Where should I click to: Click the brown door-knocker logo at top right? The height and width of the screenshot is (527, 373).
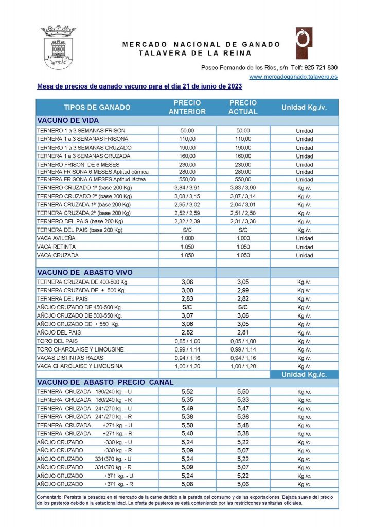click(x=304, y=44)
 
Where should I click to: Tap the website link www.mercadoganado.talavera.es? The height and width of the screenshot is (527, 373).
click(x=293, y=77)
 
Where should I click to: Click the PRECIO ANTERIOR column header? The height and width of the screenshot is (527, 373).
click(x=187, y=107)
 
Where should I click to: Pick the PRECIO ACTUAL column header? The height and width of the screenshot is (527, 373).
click(x=243, y=107)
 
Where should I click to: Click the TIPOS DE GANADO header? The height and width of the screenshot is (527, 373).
click(x=97, y=108)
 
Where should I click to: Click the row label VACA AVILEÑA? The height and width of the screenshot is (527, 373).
click(x=56, y=238)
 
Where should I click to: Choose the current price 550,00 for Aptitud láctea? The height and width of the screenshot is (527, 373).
click(x=243, y=179)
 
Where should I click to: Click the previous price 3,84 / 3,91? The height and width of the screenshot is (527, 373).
click(x=187, y=188)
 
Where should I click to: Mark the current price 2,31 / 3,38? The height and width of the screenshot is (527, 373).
click(x=243, y=221)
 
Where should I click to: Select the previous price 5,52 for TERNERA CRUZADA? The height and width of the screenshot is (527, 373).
click(x=187, y=392)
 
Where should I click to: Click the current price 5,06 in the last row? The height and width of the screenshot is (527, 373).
click(x=243, y=484)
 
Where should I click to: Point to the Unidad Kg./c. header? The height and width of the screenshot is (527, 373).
click(x=304, y=375)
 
